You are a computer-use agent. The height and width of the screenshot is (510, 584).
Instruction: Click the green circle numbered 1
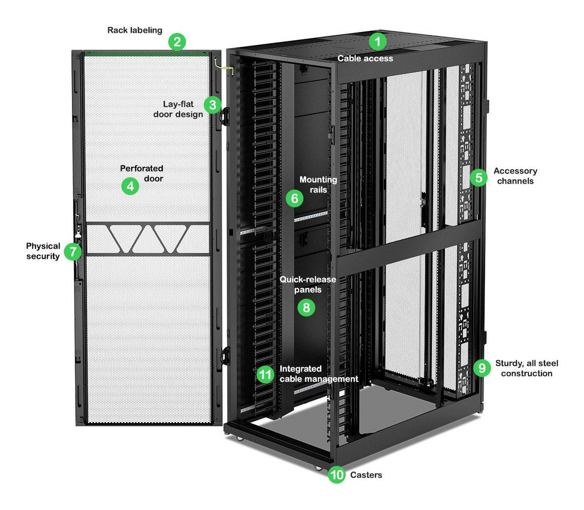click(378, 42)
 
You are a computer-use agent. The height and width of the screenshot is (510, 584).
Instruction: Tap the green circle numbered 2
click(177, 42)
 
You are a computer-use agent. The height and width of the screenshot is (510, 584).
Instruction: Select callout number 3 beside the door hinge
click(213, 104)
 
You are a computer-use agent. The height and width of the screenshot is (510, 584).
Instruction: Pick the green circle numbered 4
click(130, 187)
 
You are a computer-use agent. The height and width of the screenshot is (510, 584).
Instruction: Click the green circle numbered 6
click(295, 199)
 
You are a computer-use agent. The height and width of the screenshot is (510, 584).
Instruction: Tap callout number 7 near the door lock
click(72, 252)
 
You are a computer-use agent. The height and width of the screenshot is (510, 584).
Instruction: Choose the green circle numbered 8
click(306, 308)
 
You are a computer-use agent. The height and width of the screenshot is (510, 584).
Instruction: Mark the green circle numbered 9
click(481, 368)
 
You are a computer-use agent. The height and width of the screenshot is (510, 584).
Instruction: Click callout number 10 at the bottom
click(336, 475)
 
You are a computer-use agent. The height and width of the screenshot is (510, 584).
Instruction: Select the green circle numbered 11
click(265, 374)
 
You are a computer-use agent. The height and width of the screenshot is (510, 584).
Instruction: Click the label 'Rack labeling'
click(135, 30)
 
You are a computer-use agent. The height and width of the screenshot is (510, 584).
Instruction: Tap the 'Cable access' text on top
click(366, 58)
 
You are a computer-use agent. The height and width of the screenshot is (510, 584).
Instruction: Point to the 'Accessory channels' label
click(515, 176)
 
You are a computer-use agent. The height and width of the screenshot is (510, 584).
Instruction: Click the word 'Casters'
click(366, 475)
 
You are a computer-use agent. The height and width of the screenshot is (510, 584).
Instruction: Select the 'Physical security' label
click(43, 251)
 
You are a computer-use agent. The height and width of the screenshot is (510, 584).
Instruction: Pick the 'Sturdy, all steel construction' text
click(526, 368)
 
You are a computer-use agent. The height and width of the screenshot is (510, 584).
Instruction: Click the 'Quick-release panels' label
click(308, 284)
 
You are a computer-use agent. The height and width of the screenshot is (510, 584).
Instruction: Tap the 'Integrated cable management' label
click(318, 374)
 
